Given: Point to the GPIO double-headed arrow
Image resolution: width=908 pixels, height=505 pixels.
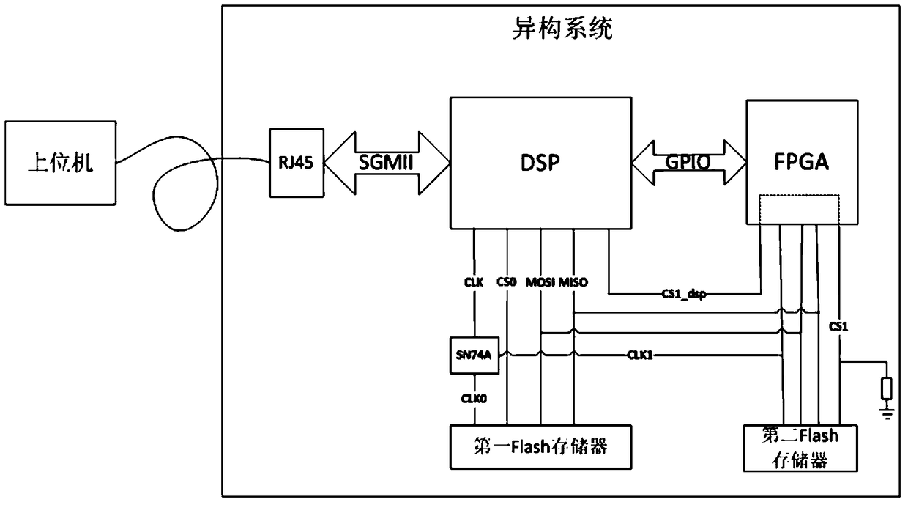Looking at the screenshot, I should [686, 163].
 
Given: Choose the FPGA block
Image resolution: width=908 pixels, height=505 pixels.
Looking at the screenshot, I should [802, 162].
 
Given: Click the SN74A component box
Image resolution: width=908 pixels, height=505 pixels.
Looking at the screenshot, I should [474, 356].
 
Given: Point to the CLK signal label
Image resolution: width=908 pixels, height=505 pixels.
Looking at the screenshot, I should [474, 281].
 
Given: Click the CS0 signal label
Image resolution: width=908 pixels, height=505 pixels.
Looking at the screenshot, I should [507, 281].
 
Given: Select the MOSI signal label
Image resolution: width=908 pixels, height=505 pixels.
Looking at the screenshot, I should [540, 281].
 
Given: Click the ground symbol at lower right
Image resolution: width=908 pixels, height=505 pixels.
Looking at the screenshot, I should [887, 414].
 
